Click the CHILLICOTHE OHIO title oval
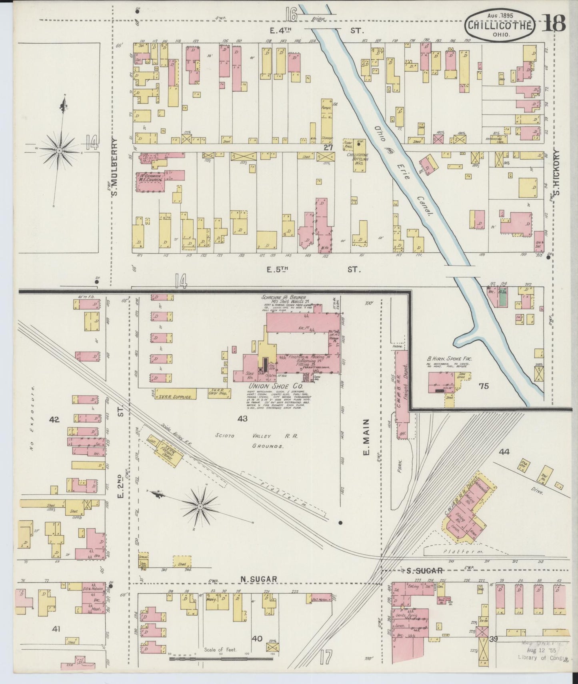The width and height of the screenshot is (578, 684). pos(500,25)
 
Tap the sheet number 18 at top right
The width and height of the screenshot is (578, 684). pos(554,24)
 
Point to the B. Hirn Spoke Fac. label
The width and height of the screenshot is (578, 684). pos(449,359)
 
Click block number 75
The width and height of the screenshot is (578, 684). pos(484,386)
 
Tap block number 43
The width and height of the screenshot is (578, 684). pos(242,419)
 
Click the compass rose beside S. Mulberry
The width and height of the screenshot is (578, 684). pos(59,150)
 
